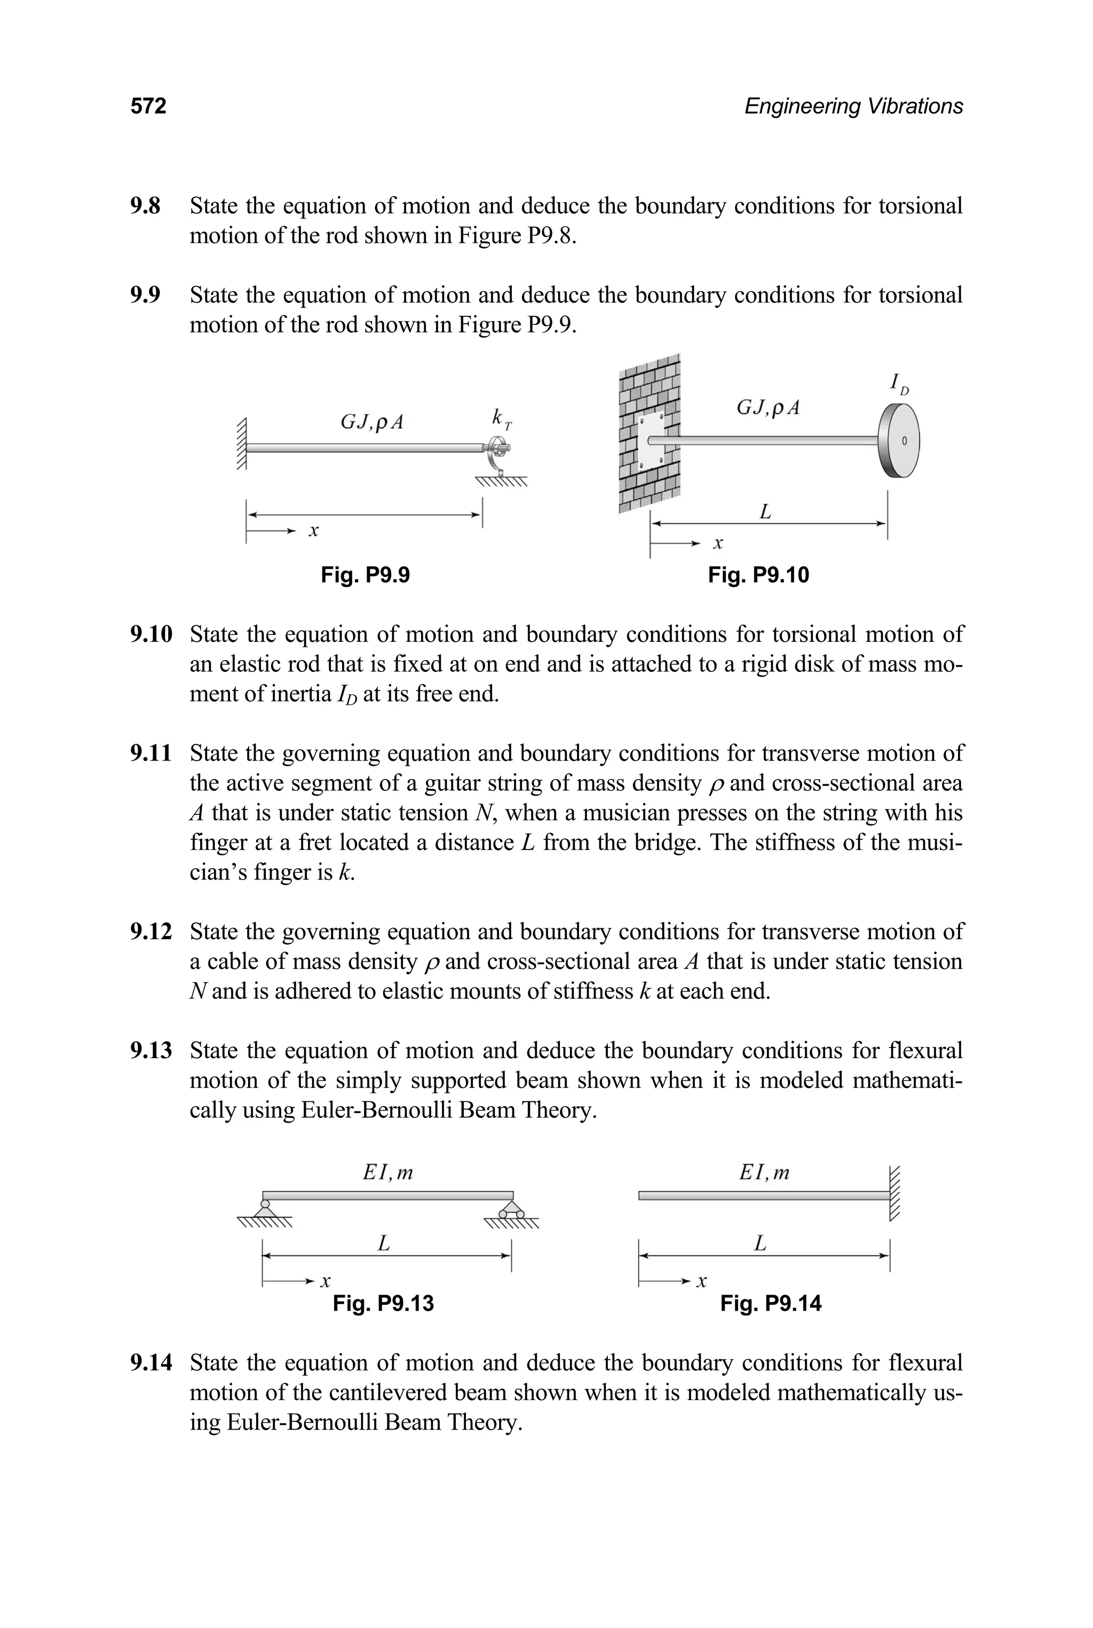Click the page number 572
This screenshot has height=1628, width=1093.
click(x=148, y=106)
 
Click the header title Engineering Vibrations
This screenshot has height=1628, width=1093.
click(x=853, y=106)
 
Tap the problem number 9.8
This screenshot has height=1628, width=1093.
click(x=145, y=207)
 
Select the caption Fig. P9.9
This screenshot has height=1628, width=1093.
click(x=365, y=575)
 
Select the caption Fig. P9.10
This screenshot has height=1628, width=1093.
click(x=758, y=575)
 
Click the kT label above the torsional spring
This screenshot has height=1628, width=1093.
click(x=501, y=418)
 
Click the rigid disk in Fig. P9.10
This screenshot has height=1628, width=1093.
click(x=899, y=440)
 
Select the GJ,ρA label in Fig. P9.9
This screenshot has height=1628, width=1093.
click(x=371, y=422)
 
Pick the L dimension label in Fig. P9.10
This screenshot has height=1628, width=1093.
click(x=765, y=512)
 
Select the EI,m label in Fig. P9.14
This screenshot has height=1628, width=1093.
click(x=764, y=1173)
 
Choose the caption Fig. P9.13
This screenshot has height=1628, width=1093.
click(x=383, y=1303)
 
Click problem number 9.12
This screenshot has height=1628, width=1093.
click(x=151, y=932)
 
